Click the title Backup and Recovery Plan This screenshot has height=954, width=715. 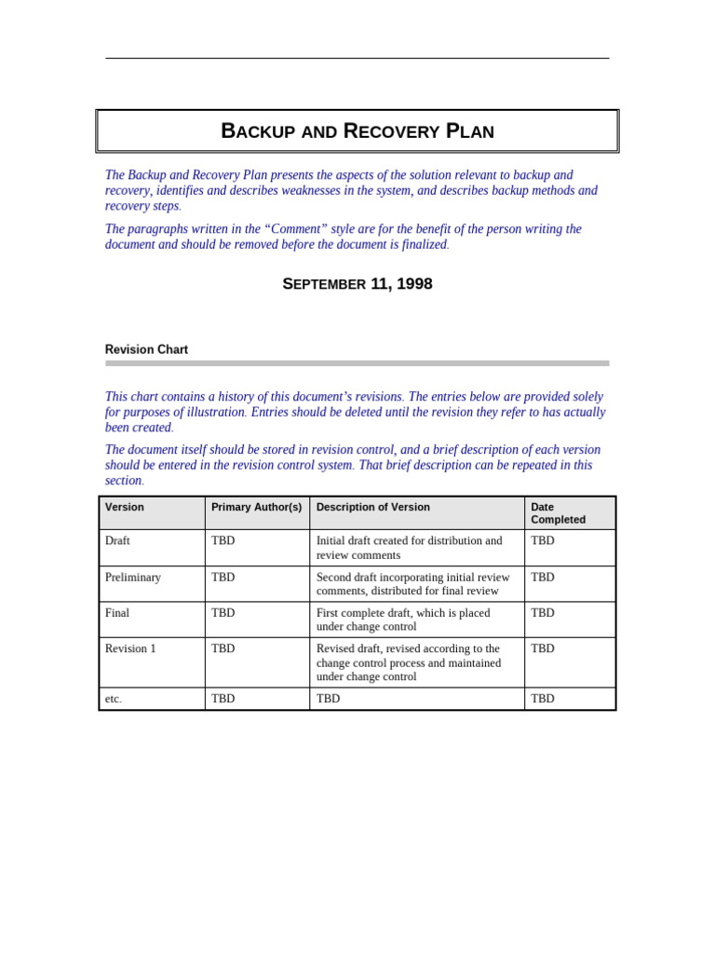point(357,131)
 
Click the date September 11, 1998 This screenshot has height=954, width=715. point(357,284)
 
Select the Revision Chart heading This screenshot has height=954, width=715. point(146,349)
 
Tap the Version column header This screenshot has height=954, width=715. point(125,508)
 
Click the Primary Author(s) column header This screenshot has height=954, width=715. point(256,508)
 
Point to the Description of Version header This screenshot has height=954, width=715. point(372,508)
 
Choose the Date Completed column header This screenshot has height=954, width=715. point(558,513)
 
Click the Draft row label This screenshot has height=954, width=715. point(117,540)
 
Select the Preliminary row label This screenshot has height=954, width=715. point(132,578)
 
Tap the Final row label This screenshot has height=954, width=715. point(117,613)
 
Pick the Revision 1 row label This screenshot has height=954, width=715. point(130,648)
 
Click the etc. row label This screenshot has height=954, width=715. point(113,699)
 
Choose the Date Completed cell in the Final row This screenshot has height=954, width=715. point(543,613)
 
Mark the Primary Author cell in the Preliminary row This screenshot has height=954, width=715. point(223,578)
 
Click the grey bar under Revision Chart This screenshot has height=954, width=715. point(357,363)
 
